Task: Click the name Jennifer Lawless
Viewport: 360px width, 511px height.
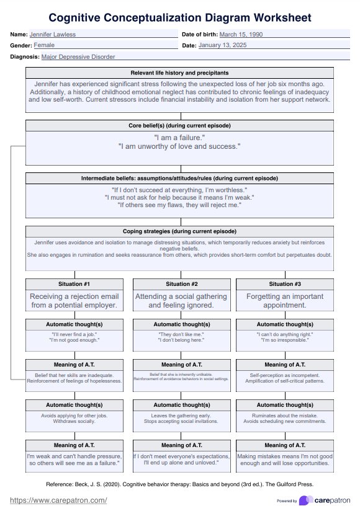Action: [50, 34]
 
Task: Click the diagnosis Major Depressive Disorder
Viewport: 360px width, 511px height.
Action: [78, 56]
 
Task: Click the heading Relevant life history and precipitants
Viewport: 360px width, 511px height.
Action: [179, 73]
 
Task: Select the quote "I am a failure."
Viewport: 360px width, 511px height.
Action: [179, 137]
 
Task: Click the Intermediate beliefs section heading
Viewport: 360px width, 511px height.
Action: [179, 178]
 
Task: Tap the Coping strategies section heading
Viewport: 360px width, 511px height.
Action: [179, 231]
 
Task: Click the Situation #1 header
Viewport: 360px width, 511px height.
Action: [74, 283]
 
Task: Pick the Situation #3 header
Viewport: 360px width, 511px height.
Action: [284, 283]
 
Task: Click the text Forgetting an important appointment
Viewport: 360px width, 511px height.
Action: [284, 301]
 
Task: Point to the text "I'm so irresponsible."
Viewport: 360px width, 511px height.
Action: [284, 341]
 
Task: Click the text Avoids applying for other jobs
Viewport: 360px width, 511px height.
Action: [74, 415]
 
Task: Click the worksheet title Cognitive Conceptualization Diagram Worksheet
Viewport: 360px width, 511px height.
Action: [180, 17]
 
